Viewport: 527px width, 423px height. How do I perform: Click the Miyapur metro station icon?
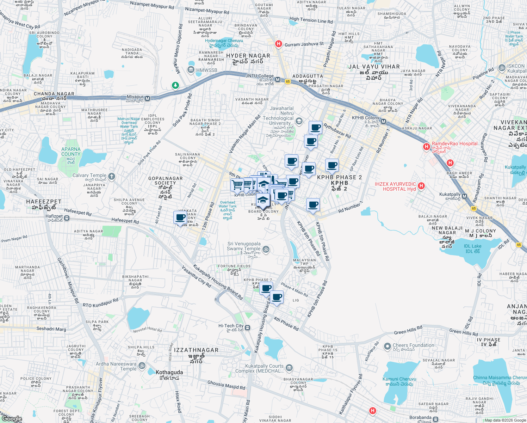click(x=148, y=99)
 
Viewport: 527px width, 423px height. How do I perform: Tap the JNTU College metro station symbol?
click(x=278, y=80)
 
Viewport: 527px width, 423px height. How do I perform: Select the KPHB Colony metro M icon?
click(x=383, y=122)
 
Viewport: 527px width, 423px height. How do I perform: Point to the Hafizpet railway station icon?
click(x=67, y=219)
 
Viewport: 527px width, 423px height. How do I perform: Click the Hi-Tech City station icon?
click(x=248, y=328)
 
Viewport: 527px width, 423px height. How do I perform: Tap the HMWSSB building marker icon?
click(x=191, y=69)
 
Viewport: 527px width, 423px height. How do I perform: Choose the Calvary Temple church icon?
click(x=112, y=177)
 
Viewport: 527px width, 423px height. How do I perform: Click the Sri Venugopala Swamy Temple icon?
click(x=266, y=250)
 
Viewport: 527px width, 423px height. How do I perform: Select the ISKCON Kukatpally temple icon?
click(x=502, y=68)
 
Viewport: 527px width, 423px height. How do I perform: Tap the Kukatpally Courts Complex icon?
click(x=289, y=368)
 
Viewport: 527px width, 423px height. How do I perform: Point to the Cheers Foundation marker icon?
click(x=387, y=347)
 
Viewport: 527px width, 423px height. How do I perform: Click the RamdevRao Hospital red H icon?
click(x=427, y=146)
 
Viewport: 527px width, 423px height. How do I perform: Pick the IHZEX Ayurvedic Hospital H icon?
click(x=421, y=186)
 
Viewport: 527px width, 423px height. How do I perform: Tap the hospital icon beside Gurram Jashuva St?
click(x=279, y=44)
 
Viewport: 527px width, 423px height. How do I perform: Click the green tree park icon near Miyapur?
click(x=175, y=85)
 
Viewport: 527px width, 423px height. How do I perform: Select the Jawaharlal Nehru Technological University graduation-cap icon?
click(x=299, y=122)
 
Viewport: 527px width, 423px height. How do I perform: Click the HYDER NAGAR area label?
click(x=248, y=56)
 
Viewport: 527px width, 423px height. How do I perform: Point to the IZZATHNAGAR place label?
click(x=196, y=350)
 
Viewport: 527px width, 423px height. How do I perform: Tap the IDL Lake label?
click(x=472, y=246)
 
